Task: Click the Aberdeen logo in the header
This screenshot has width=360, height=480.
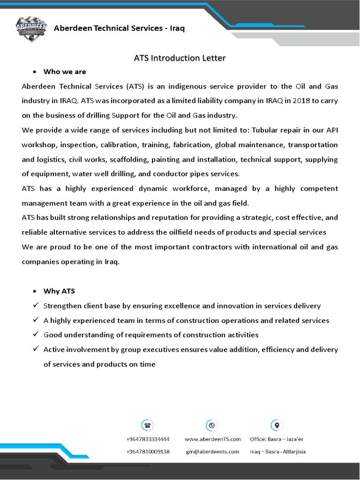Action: pos(31,30)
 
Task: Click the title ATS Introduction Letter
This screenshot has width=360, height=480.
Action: pos(180,58)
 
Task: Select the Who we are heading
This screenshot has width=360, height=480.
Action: pos(65,72)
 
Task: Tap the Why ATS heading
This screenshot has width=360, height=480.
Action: pos(59,291)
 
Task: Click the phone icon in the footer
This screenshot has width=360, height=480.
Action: pos(148,426)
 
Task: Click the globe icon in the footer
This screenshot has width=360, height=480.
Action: pos(212,426)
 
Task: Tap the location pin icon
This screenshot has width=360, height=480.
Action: pos(277,426)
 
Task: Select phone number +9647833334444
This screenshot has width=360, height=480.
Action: pos(148,439)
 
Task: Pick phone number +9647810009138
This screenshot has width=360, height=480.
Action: pos(148,451)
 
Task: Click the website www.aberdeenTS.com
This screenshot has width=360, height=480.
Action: pos(213,439)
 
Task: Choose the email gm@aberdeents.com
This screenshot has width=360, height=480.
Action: pos(212,451)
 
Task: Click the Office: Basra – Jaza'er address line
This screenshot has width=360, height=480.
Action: pos(277,439)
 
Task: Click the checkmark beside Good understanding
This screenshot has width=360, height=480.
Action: pos(36,335)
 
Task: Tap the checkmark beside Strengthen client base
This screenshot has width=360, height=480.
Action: pos(36,306)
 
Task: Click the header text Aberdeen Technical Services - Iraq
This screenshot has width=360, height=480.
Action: pos(120,28)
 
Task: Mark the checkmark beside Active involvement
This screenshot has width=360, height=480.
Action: pos(36,349)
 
